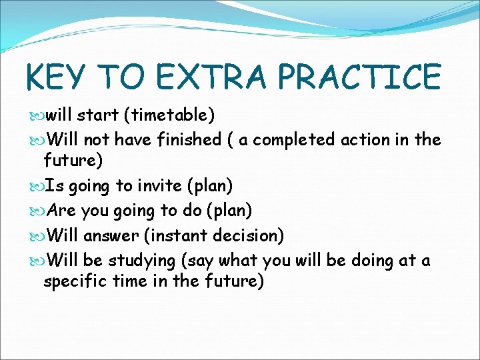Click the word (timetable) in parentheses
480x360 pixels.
click(x=169, y=115)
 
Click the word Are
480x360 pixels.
click(x=62, y=211)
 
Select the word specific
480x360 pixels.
click(x=74, y=282)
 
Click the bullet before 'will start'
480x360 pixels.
click(x=36, y=116)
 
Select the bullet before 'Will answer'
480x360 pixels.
click(x=36, y=236)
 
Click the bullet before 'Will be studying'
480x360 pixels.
click(x=36, y=260)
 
